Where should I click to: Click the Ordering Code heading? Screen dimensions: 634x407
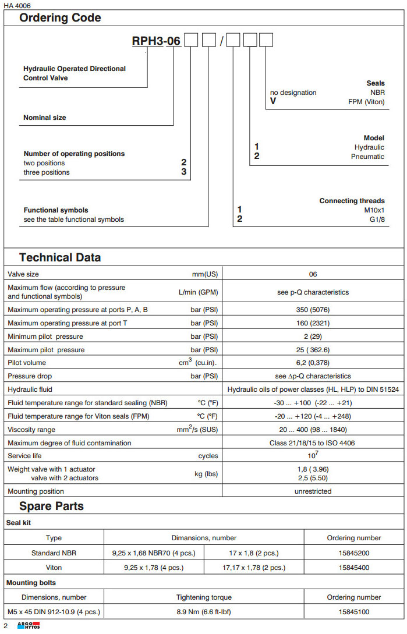(60, 18)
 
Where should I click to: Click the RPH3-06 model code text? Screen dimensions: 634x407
(156, 41)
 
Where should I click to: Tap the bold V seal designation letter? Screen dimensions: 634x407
(272, 101)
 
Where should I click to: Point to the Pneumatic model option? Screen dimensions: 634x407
(367, 157)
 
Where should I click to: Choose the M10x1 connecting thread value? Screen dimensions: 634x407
(374, 210)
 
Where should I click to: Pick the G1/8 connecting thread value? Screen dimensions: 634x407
(378, 219)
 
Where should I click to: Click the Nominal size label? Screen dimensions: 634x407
(45, 118)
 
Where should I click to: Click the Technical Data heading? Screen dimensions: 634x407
(60, 257)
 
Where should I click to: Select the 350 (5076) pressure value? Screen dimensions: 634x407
(313, 310)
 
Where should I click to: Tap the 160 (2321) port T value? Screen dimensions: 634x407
(313, 323)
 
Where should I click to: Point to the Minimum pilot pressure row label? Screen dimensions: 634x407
(45, 337)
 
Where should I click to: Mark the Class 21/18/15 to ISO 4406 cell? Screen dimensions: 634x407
(313, 443)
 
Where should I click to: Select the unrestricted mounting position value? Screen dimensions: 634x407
(313, 491)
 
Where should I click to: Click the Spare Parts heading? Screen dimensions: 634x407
(51, 506)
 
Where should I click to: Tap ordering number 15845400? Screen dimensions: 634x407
(353, 568)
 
